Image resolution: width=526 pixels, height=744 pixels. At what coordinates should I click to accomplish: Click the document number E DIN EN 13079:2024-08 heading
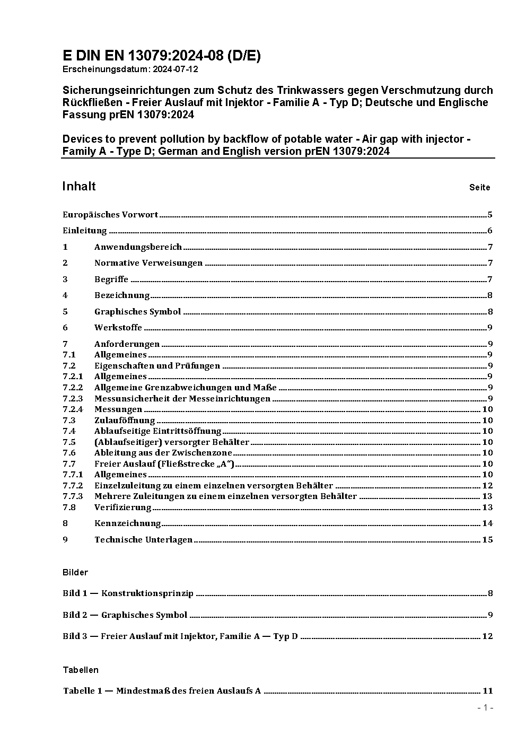pos(161,56)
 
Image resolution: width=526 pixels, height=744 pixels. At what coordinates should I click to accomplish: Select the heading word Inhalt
pos(79,186)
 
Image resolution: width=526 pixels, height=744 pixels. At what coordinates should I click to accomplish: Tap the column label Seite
pos(479,187)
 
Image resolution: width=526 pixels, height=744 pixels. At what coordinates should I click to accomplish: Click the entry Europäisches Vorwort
pos(110,215)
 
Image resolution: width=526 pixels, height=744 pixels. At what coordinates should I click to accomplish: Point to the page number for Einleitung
pos(490,231)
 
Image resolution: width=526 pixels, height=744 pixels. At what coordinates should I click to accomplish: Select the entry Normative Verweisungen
pos(148,263)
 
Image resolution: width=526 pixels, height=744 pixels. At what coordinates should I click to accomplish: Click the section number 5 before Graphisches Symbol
pos(65,312)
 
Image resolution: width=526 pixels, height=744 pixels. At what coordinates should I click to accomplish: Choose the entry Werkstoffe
pos(118,328)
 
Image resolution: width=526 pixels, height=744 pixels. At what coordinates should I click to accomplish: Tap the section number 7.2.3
pos(73,398)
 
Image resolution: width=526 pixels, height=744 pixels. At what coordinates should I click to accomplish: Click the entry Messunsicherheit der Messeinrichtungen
pos(182,398)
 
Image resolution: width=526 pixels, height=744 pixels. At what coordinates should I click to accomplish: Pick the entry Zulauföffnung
pos(125,421)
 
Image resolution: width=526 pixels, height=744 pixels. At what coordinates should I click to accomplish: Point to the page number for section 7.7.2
pos(487,486)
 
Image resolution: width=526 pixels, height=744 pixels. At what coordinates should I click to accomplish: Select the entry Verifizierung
pos(123,507)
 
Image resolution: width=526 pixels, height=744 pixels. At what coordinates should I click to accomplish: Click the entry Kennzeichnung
pos(128,523)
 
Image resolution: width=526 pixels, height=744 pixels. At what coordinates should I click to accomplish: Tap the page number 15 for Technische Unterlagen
pos(487,540)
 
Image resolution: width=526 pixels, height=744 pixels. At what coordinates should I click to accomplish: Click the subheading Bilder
pos(75,573)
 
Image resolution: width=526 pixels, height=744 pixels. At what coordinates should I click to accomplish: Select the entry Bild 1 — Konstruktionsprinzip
pos(128,593)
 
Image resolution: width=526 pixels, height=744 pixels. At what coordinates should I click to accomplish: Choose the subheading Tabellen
pos(81,670)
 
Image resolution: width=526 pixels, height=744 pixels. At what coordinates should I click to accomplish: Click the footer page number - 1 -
pos(485,708)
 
